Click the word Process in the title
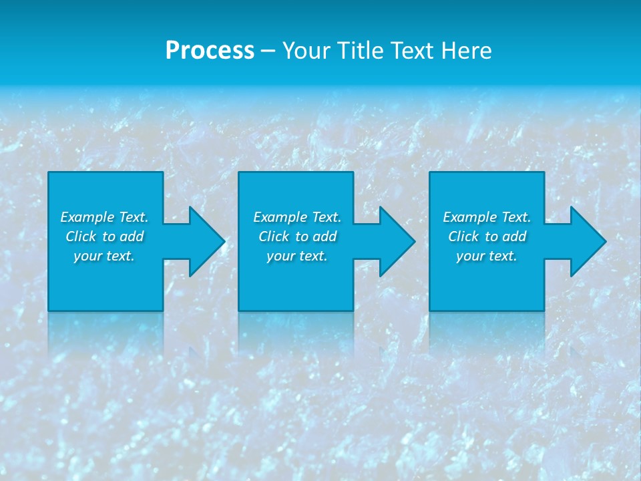(210, 51)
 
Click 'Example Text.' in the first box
(104, 217)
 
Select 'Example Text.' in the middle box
(297, 217)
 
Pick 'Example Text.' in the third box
(487, 217)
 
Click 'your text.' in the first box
(104, 256)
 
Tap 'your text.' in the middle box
(297, 256)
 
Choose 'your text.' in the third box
(487, 256)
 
